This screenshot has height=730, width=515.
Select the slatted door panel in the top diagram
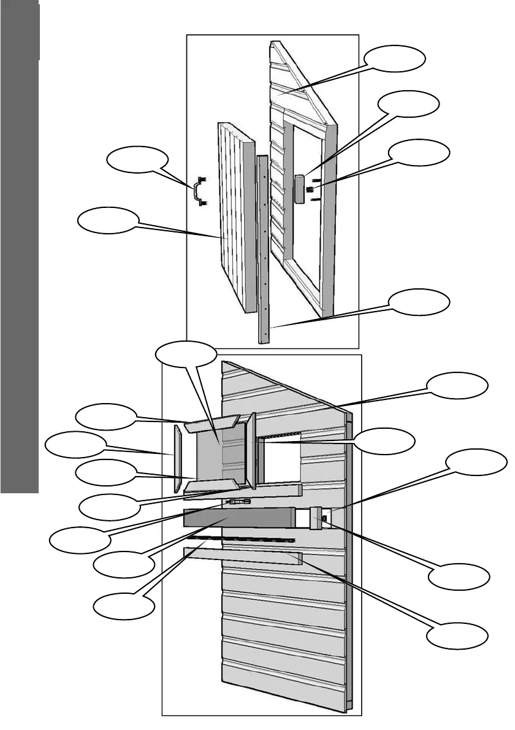[x=235, y=215]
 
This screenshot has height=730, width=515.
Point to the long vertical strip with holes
[x=262, y=245]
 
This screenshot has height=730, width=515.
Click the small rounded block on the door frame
[x=300, y=188]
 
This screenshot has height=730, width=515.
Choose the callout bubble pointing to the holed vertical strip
[x=419, y=302]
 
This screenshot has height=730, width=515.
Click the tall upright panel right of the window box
[x=251, y=451]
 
